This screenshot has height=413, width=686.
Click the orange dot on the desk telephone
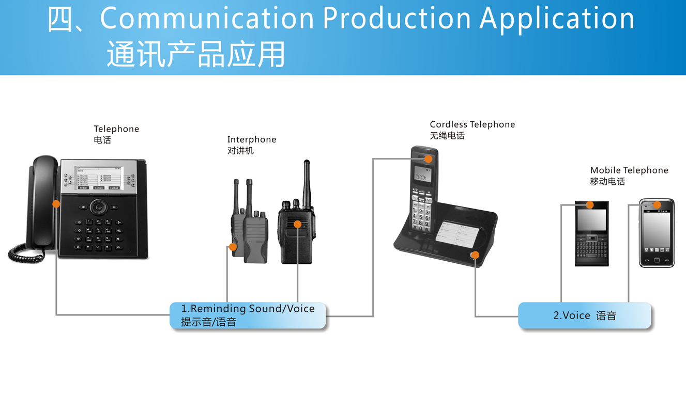click(x=56, y=204)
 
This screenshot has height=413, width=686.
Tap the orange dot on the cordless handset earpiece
click(x=429, y=159)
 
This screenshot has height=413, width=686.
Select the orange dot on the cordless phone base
click(x=475, y=255)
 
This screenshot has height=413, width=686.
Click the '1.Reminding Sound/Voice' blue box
click(x=248, y=315)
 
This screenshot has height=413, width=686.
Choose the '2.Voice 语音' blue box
click(x=585, y=315)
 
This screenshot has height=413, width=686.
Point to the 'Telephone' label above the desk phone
click(x=116, y=129)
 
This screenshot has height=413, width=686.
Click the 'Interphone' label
click(x=252, y=139)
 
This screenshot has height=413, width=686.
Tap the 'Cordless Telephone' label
click(x=472, y=124)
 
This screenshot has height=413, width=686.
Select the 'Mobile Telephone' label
click(x=629, y=170)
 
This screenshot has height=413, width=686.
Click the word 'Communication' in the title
click(x=207, y=19)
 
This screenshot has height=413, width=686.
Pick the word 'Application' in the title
click(x=557, y=19)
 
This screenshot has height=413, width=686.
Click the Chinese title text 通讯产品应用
click(x=196, y=54)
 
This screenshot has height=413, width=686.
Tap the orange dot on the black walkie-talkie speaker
click(x=297, y=224)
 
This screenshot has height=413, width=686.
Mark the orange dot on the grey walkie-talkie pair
click(x=233, y=247)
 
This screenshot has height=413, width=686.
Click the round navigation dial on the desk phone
click(x=98, y=207)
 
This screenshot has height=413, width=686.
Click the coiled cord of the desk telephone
click(x=26, y=254)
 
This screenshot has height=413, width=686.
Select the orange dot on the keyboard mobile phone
click(x=590, y=204)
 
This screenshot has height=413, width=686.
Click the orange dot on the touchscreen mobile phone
click(x=657, y=204)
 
